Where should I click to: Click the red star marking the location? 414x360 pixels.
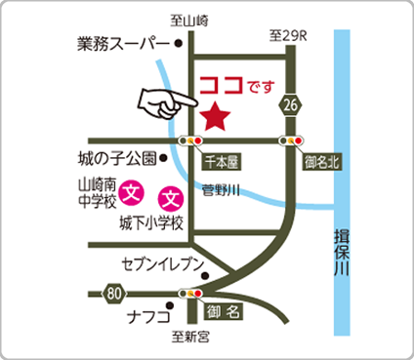tap(215, 118)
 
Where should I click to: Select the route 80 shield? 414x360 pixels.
tap(115, 291)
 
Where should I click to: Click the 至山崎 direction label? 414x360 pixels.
tap(189, 20)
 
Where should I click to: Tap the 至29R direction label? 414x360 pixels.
tap(288, 35)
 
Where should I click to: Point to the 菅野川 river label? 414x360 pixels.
tap(219, 191)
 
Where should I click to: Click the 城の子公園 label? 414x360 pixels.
tap(115, 157)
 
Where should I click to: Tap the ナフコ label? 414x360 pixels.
tap(149, 317)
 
